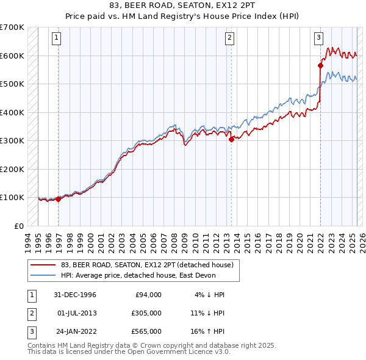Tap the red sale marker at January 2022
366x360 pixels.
coord(320,65)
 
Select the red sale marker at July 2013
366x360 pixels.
coord(231,139)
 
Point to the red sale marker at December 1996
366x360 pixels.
coord(59,199)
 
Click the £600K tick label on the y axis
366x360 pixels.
coord(12,56)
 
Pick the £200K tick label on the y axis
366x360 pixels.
coord(12,169)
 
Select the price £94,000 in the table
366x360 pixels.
coord(147,294)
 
